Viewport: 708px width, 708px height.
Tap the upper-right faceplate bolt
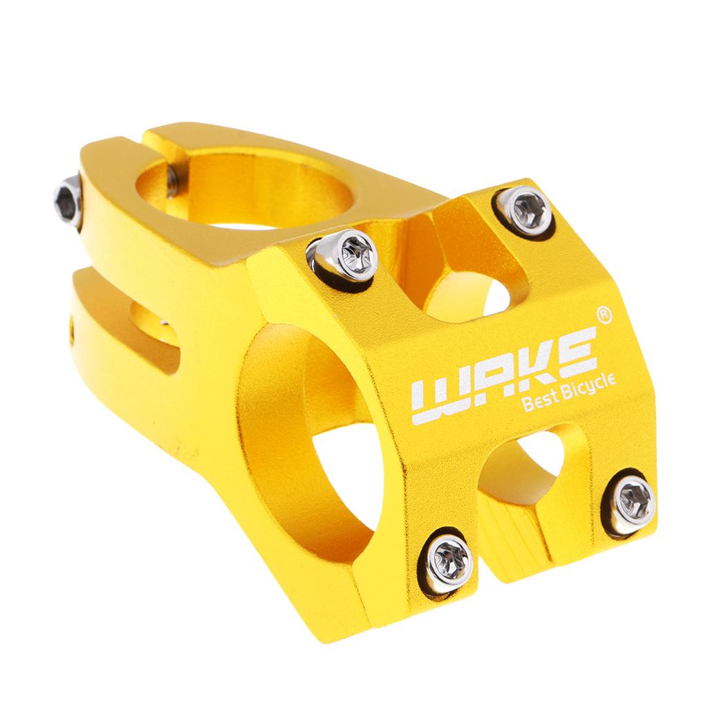click(525, 211)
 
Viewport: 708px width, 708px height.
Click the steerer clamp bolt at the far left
click(68, 203)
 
